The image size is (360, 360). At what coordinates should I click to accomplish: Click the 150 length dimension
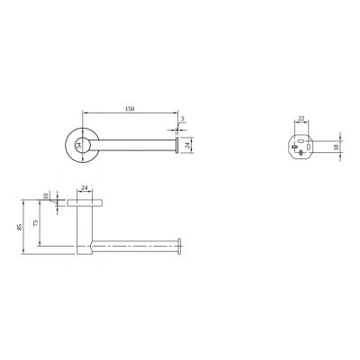130,109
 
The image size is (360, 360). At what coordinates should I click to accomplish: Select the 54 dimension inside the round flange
78,143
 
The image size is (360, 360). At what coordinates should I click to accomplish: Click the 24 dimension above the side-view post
85,188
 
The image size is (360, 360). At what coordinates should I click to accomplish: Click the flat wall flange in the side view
85,203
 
